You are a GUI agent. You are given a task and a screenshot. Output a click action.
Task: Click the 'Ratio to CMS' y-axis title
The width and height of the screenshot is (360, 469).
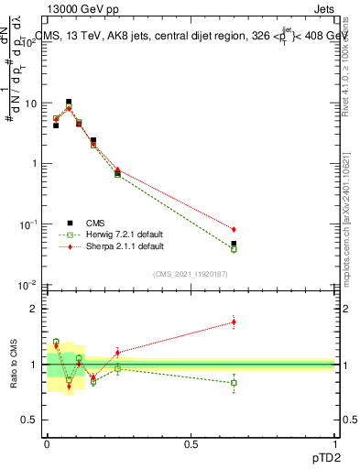(14, 365)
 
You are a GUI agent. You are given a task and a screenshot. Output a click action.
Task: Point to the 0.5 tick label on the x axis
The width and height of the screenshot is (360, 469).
(191, 445)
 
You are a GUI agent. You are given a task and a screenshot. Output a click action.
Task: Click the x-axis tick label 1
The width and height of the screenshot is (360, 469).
(335, 445)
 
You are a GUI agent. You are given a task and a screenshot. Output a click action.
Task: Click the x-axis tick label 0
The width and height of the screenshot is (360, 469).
(46, 445)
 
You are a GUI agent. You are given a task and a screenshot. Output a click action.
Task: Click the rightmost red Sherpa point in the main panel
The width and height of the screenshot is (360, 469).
(234, 229)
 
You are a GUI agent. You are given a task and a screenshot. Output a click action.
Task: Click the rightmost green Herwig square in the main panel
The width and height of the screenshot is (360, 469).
(234, 249)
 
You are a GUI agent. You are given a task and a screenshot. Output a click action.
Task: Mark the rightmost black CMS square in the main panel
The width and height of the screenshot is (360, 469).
(234, 244)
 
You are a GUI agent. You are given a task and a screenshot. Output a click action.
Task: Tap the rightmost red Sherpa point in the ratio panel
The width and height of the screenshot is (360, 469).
(234, 322)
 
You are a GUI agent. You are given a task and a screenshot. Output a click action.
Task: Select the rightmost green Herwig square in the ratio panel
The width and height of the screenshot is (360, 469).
(234, 383)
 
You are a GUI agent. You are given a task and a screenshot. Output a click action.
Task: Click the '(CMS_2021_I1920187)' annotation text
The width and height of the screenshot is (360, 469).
(190, 273)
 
